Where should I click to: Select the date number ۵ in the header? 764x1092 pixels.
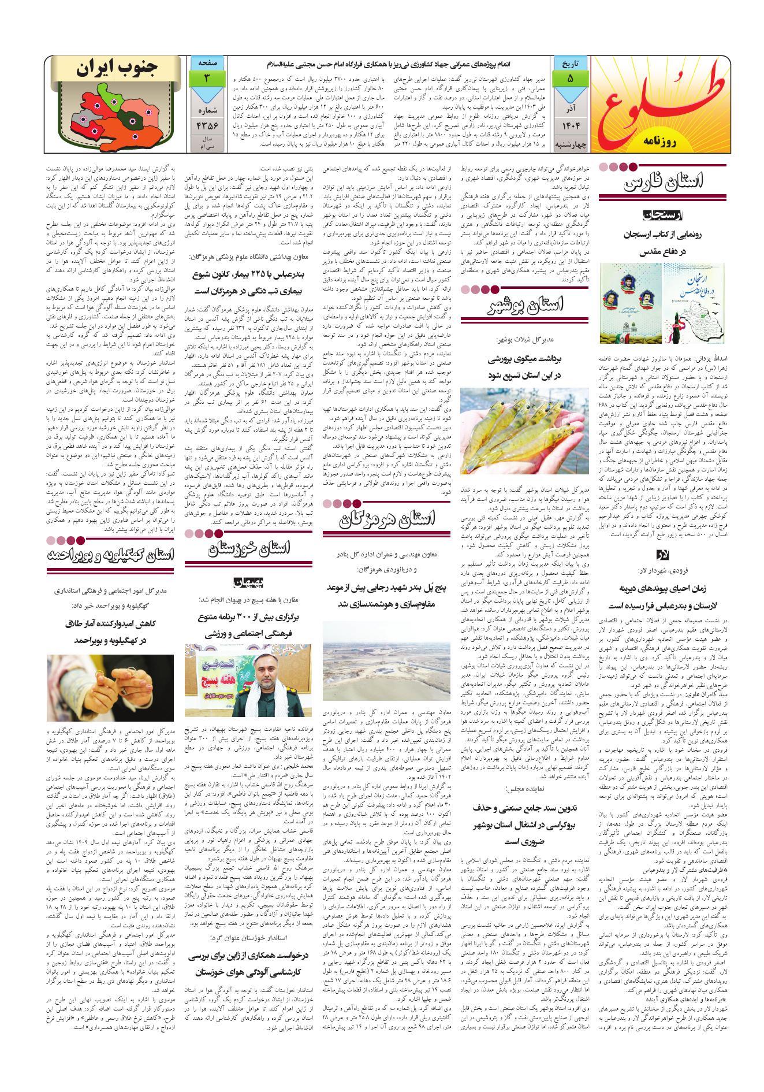[570, 78]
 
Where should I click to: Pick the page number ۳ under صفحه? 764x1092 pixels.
[206, 78]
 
